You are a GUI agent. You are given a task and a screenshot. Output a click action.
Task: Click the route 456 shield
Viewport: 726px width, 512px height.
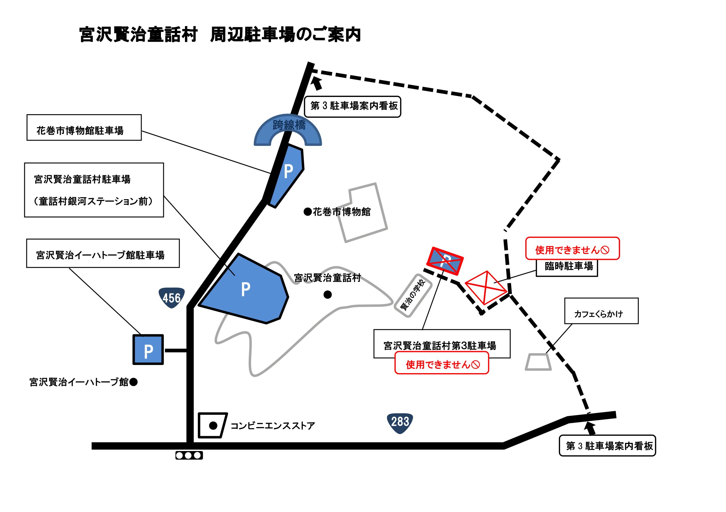tap(171, 298)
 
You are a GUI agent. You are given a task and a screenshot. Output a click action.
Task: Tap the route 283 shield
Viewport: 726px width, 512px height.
tap(400, 422)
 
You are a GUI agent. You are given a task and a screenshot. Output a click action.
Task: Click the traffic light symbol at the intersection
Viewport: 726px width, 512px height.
tap(189, 455)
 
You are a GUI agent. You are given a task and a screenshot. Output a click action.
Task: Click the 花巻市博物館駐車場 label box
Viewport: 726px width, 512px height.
tap(84, 127)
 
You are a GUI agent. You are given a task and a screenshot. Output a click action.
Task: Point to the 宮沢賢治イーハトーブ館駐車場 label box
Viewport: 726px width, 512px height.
tap(103, 253)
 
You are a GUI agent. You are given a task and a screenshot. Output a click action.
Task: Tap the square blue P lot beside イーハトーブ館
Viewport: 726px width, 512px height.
tap(148, 350)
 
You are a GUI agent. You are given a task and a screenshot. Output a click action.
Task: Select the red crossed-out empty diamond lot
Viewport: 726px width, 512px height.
tap(486, 287)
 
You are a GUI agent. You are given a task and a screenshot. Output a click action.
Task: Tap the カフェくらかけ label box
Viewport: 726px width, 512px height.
tap(601, 311)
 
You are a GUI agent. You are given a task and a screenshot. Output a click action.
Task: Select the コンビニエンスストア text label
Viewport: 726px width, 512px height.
tap(272, 426)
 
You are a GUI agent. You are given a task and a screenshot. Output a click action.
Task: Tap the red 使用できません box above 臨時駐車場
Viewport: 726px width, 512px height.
tap(572, 249)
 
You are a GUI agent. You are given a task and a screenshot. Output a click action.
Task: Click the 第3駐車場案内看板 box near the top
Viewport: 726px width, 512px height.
tap(353, 107)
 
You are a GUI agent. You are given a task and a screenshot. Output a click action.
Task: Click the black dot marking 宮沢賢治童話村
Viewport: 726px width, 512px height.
tap(327, 295)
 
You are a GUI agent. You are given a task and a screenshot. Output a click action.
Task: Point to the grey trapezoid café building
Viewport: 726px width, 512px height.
tap(538, 362)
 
